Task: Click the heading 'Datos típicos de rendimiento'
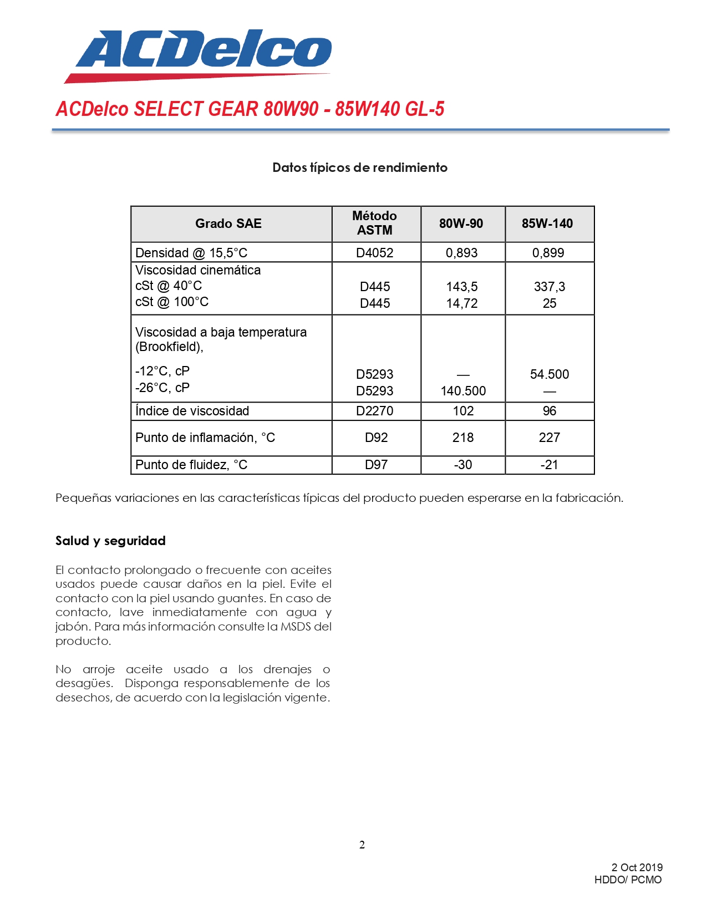[x=360, y=167]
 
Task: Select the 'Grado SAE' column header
[x=228, y=223]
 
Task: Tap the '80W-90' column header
[x=461, y=223]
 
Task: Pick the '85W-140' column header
[x=547, y=223]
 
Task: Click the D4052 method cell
[x=375, y=253]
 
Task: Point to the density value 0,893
[x=462, y=253]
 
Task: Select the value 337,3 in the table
[x=550, y=287]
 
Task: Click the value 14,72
[x=462, y=303]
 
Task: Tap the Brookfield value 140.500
[x=463, y=391]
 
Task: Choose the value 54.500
[x=550, y=374]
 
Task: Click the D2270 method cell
[x=375, y=411]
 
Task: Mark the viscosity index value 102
[x=463, y=411]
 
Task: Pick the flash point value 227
[x=550, y=438]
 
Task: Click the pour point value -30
[x=463, y=465]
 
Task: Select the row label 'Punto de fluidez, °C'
[x=191, y=465]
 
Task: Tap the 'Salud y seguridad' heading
[x=110, y=541]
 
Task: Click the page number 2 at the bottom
[x=362, y=845]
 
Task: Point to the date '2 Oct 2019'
[x=637, y=867]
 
